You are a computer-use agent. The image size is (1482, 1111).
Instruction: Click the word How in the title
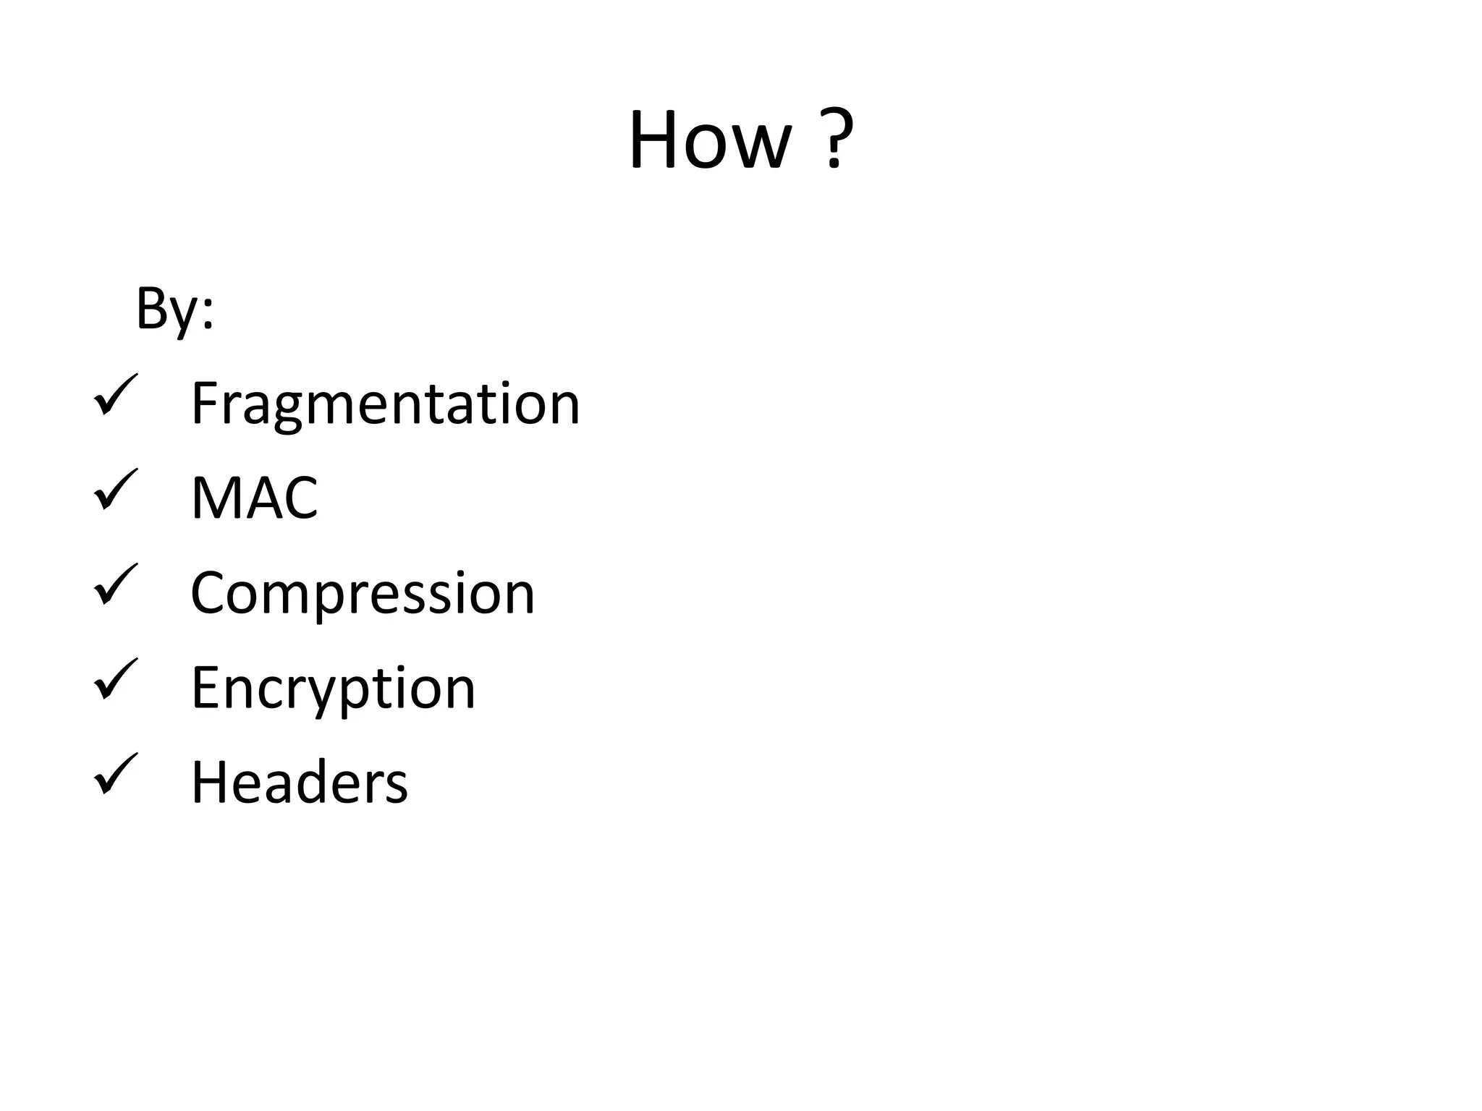pos(710,140)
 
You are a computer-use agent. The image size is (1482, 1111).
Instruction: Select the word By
pos(167,310)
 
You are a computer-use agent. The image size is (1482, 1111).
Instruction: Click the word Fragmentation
pos(385,404)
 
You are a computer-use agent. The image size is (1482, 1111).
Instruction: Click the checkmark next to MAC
pos(115,490)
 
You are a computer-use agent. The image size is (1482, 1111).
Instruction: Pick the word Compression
pos(362,593)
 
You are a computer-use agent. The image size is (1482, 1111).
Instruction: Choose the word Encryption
pos(333,688)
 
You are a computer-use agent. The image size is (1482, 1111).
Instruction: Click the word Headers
pos(299,783)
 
